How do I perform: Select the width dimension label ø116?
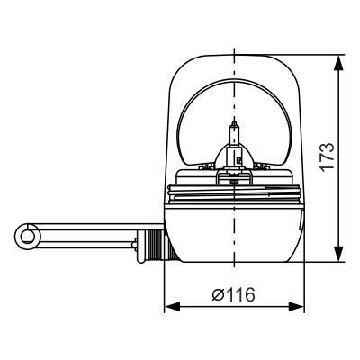point(235,295)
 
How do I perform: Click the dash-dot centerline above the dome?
point(234,45)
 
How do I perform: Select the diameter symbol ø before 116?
point(218,295)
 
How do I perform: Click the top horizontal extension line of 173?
point(319,56)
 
